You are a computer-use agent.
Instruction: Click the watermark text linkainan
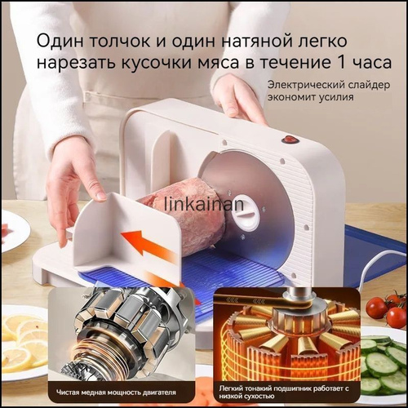click(x=204, y=204)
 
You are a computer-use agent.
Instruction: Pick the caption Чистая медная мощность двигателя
click(x=116, y=392)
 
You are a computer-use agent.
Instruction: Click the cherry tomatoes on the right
click(x=387, y=309)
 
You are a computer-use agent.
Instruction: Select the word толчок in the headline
click(x=120, y=41)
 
